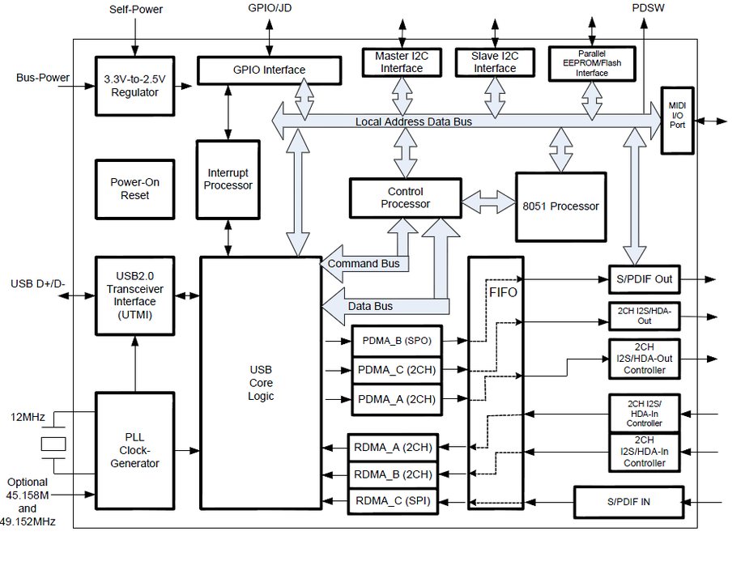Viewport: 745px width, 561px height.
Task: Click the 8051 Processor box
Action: (x=560, y=206)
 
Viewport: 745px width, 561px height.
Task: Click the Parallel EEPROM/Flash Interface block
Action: (x=591, y=62)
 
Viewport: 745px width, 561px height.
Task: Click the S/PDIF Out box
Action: (x=652, y=279)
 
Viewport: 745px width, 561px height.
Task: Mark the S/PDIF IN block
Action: (x=628, y=502)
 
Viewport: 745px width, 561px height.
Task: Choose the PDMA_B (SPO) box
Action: (x=396, y=341)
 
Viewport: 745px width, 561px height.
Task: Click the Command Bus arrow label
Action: (x=364, y=265)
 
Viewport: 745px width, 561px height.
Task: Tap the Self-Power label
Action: (x=136, y=10)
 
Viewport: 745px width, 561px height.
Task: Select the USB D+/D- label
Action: (x=38, y=284)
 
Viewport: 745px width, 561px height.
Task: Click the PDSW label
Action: (x=645, y=7)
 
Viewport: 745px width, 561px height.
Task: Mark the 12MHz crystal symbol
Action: (x=53, y=443)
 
